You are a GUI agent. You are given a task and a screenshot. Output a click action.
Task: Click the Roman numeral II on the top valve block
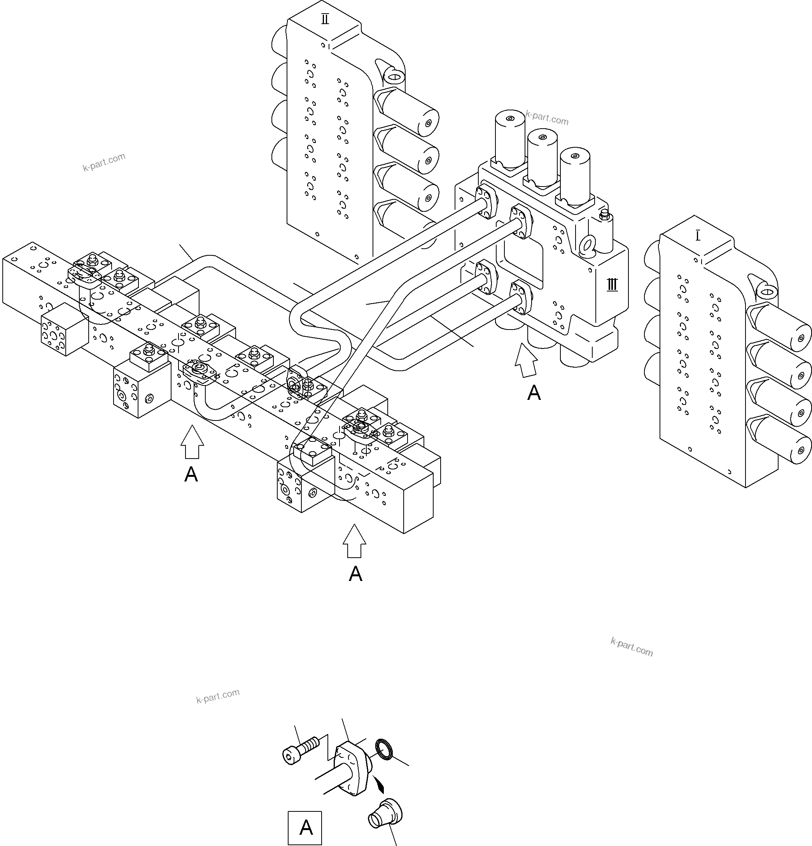[325, 19]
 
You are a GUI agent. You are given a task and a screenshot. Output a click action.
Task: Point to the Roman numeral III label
[612, 285]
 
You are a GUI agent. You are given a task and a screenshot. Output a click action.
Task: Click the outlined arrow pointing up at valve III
[527, 360]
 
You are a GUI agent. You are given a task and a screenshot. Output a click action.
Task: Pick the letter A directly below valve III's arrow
[534, 393]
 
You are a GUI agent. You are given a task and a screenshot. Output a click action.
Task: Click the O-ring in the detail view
[384, 748]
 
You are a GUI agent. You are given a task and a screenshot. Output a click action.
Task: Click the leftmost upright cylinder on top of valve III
[510, 138]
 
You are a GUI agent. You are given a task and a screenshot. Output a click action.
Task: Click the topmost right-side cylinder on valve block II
[410, 114]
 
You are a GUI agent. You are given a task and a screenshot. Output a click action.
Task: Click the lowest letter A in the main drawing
[355, 574]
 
